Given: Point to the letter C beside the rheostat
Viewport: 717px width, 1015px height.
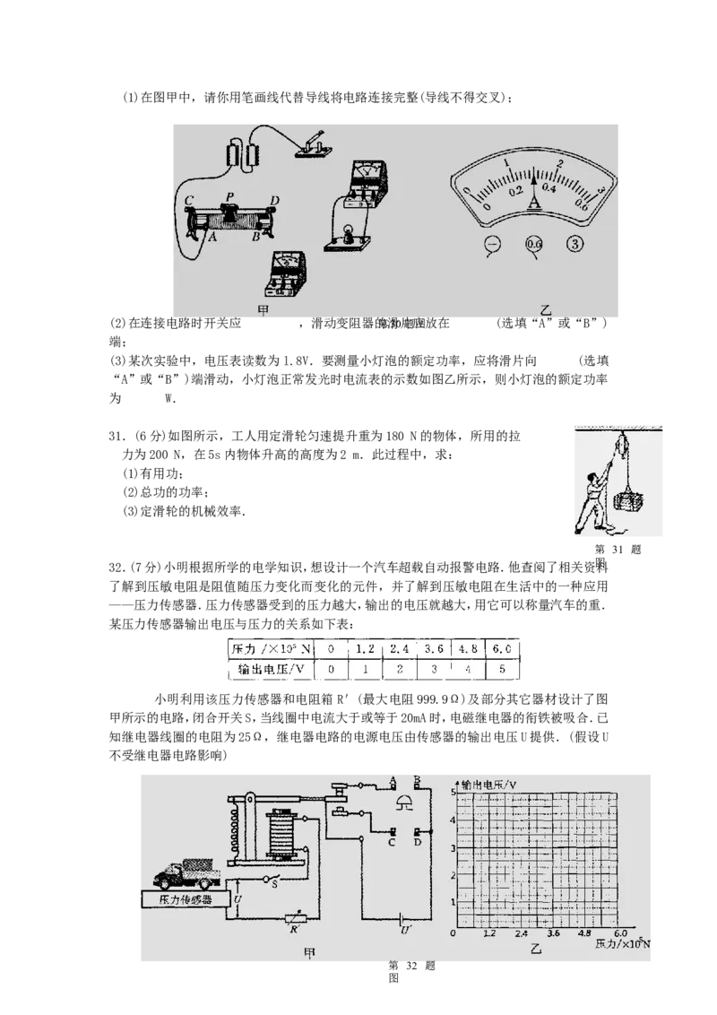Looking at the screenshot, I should (x=188, y=200).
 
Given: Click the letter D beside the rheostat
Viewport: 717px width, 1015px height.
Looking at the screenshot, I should (x=274, y=199).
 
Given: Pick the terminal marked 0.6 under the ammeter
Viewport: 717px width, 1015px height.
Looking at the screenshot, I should (x=534, y=244).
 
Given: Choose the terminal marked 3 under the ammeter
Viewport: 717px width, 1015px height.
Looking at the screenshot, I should (x=575, y=244).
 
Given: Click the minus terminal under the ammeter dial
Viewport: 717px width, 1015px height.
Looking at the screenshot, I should (x=492, y=244).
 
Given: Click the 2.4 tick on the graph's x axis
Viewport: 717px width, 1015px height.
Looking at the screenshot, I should (x=522, y=933).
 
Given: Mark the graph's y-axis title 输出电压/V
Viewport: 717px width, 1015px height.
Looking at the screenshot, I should (x=488, y=785).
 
